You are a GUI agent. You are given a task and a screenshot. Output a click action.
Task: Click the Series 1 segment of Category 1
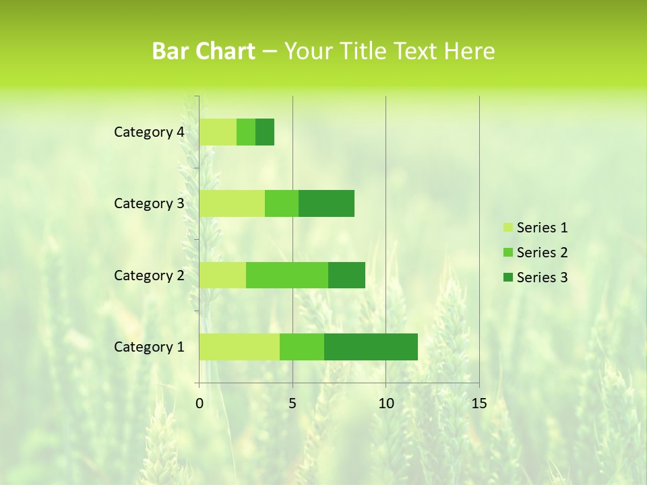point(239,346)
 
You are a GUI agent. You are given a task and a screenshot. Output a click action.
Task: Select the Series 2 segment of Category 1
point(302,346)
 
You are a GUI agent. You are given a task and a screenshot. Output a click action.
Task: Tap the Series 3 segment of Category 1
point(371,346)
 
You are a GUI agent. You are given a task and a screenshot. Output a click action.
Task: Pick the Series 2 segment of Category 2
point(287,275)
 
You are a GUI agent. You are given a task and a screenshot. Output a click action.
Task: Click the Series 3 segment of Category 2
point(346,275)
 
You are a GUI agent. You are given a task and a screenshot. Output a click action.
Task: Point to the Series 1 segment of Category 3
point(232,203)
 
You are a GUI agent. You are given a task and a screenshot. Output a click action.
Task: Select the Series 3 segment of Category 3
point(326,203)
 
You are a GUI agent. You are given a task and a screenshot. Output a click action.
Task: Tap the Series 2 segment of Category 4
point(246,132)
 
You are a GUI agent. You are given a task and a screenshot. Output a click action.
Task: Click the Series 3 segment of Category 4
point(265,132)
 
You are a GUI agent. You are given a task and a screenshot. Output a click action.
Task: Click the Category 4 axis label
point(149,132)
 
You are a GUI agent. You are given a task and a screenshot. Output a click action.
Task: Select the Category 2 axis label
point(149,275)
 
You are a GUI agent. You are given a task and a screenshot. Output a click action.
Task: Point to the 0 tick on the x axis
point(199,403)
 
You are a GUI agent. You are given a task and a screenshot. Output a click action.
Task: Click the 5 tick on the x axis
point(292,403)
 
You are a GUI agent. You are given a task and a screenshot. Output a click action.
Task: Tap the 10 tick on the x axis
point(386,403)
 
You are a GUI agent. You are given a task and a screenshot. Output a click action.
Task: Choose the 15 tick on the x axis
point(479,403)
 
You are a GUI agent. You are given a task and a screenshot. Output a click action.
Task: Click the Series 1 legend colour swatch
point(507,228)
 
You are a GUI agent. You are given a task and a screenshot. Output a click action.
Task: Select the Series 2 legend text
point(542,253)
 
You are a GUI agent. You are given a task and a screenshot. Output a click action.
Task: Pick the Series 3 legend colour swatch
point(507,278)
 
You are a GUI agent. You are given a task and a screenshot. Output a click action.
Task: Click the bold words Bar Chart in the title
point(204,51)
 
